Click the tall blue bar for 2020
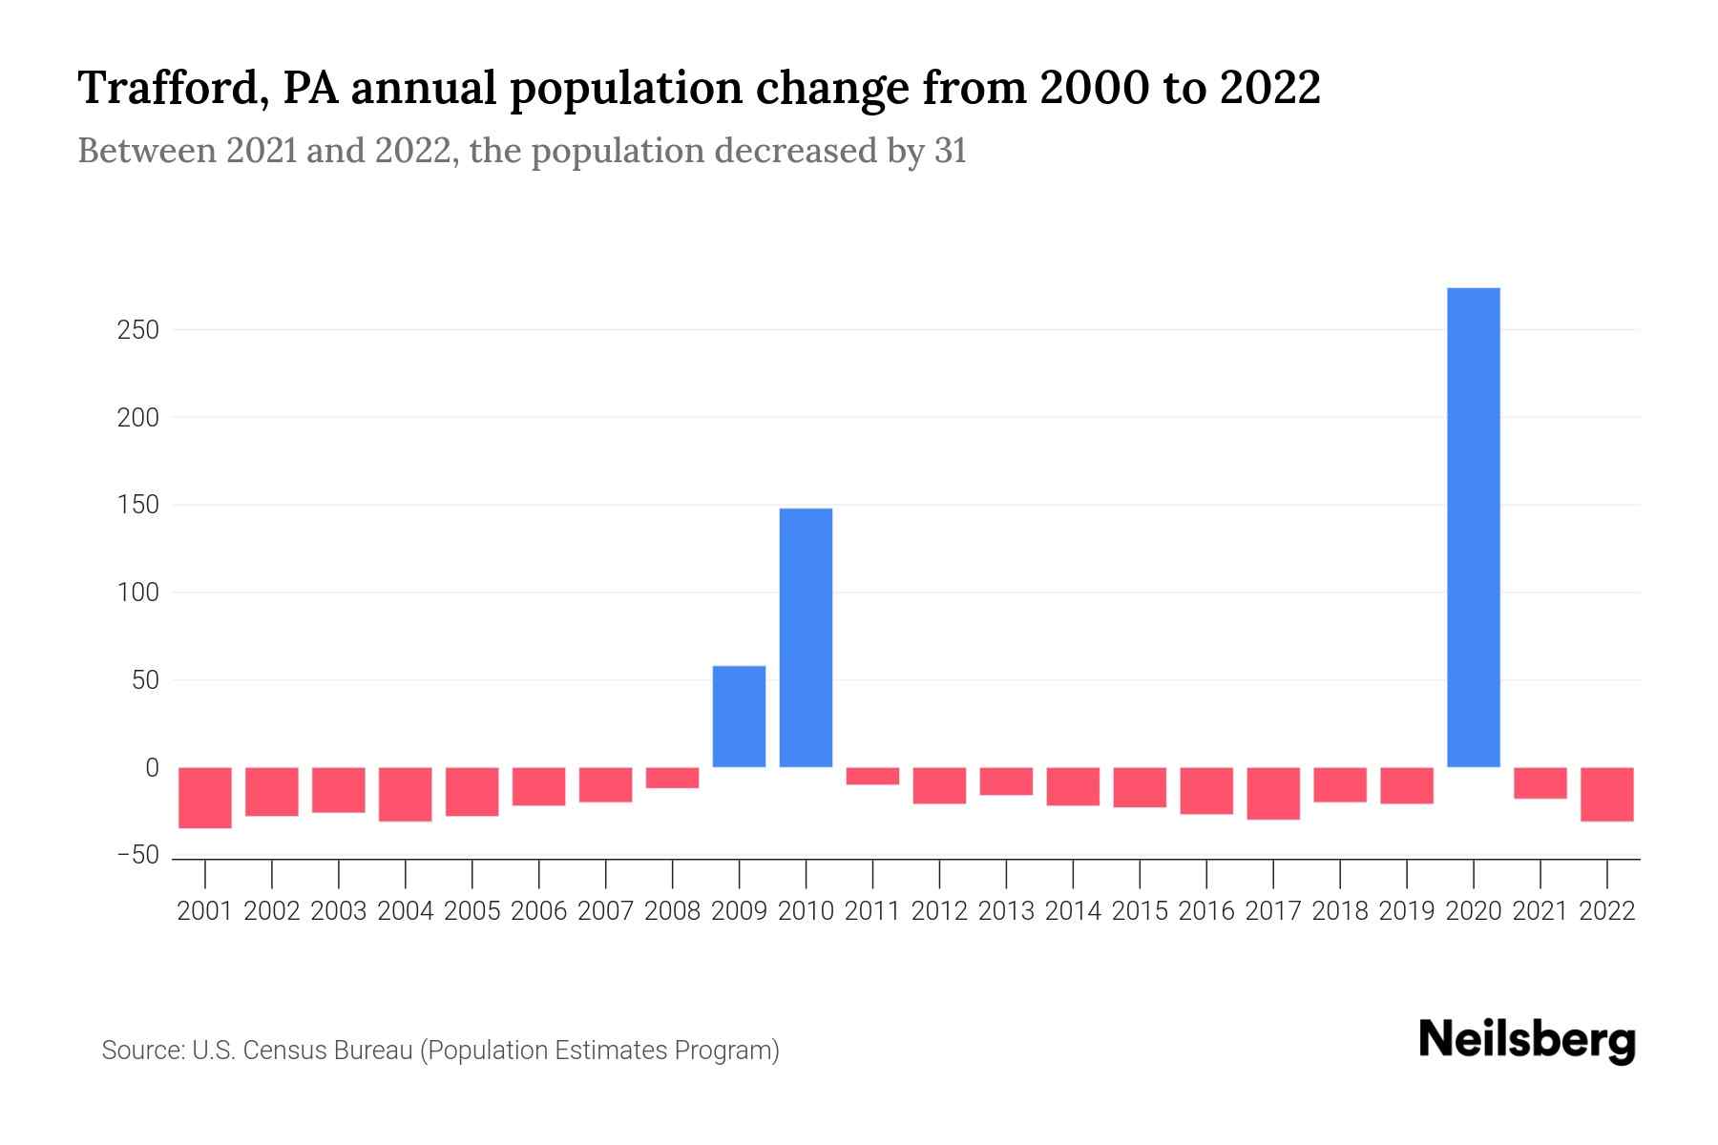1473,527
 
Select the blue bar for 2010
806,637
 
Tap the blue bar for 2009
739,717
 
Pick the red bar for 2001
205,798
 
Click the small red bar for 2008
672,778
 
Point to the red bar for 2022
1606,794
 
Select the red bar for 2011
872,776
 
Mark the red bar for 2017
1273,793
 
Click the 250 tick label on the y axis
138,330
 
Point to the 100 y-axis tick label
138,593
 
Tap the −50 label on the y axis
137,855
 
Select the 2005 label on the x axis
472,911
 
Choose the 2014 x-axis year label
1073,911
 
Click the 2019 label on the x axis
1406,911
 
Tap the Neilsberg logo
1526,1041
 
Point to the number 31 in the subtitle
950,151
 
